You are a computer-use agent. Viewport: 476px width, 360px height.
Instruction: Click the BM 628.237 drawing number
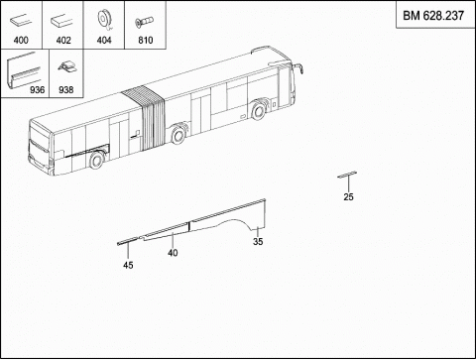[433, 16]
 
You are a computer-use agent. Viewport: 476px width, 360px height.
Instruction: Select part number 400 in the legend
[21, 41]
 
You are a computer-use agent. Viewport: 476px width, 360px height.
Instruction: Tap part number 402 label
[63, 41]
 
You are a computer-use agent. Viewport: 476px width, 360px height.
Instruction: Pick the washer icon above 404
[104, 21]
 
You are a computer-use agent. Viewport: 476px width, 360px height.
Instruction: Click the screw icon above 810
[145, 22]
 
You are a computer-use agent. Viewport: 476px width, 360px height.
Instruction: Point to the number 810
[146, 41]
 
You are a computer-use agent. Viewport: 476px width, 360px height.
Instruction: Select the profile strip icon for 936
[24, 70]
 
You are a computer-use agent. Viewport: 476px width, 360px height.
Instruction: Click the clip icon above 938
[67, 66]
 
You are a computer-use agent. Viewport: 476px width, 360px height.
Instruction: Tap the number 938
[65, 89]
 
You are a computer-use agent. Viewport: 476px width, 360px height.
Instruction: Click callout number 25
[348, 197]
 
